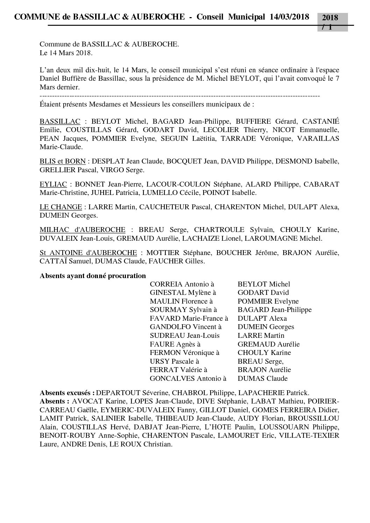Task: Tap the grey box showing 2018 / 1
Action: tap(332, 21)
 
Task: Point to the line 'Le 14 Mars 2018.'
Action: tap(66, 53)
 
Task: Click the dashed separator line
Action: tap(180, 95)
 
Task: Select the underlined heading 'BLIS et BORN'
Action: tap(63, 161)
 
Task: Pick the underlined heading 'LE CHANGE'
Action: tap(61, 207)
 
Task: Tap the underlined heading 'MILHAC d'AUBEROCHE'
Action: tap(83, 230)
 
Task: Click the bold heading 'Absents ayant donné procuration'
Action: tap(93, 276)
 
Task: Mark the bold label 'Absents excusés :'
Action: tap(67, 393)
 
